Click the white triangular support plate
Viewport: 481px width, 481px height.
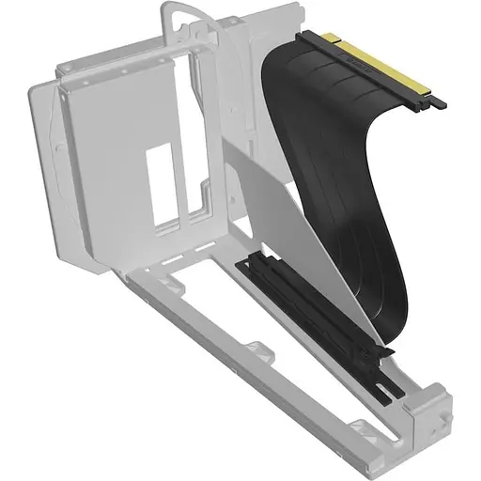[282, 216]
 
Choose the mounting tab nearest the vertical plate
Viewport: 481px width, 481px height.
[169, 279]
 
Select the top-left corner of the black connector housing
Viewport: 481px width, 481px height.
[303, 37]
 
